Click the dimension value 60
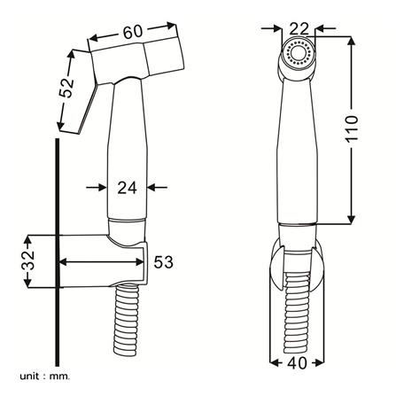[133, 32]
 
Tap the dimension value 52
[66, 88]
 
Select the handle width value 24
[127, 188]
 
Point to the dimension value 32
[28, 260]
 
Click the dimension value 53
[163, 261]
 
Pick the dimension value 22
[299, 29]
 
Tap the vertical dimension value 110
[352, 128]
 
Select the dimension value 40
[297, 363]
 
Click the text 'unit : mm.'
[45, 377]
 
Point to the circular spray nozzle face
[298, 53]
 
